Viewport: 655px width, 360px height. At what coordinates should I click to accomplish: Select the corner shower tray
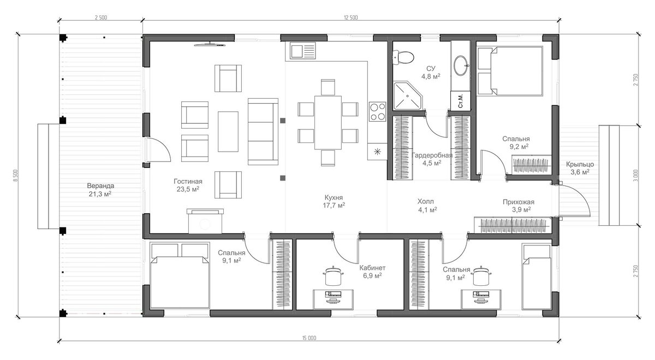tap(407, 96)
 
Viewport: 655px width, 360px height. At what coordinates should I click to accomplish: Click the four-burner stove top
tap(378, 111)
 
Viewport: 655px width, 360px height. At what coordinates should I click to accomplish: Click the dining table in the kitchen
tap(328, 122)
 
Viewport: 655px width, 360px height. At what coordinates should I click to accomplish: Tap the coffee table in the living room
tap(228, 131)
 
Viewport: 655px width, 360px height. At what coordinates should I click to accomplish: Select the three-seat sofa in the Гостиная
tap(263, 131)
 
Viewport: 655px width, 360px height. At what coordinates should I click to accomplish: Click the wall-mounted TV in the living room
tap(210, 45)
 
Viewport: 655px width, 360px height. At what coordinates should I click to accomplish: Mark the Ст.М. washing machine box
tap(461, 101)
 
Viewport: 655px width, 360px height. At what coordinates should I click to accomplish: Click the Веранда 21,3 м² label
tap(100, 190)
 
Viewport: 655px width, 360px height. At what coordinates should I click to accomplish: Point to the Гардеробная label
tap(432, 155)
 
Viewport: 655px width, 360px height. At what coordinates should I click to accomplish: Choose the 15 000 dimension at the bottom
tap(309, 338)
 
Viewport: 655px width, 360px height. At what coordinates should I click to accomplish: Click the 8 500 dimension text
tap(16, 175)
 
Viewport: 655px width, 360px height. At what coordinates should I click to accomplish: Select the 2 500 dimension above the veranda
tap(101, 17)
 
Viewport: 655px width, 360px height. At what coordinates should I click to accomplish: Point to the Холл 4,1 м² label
tap(427, 206)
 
